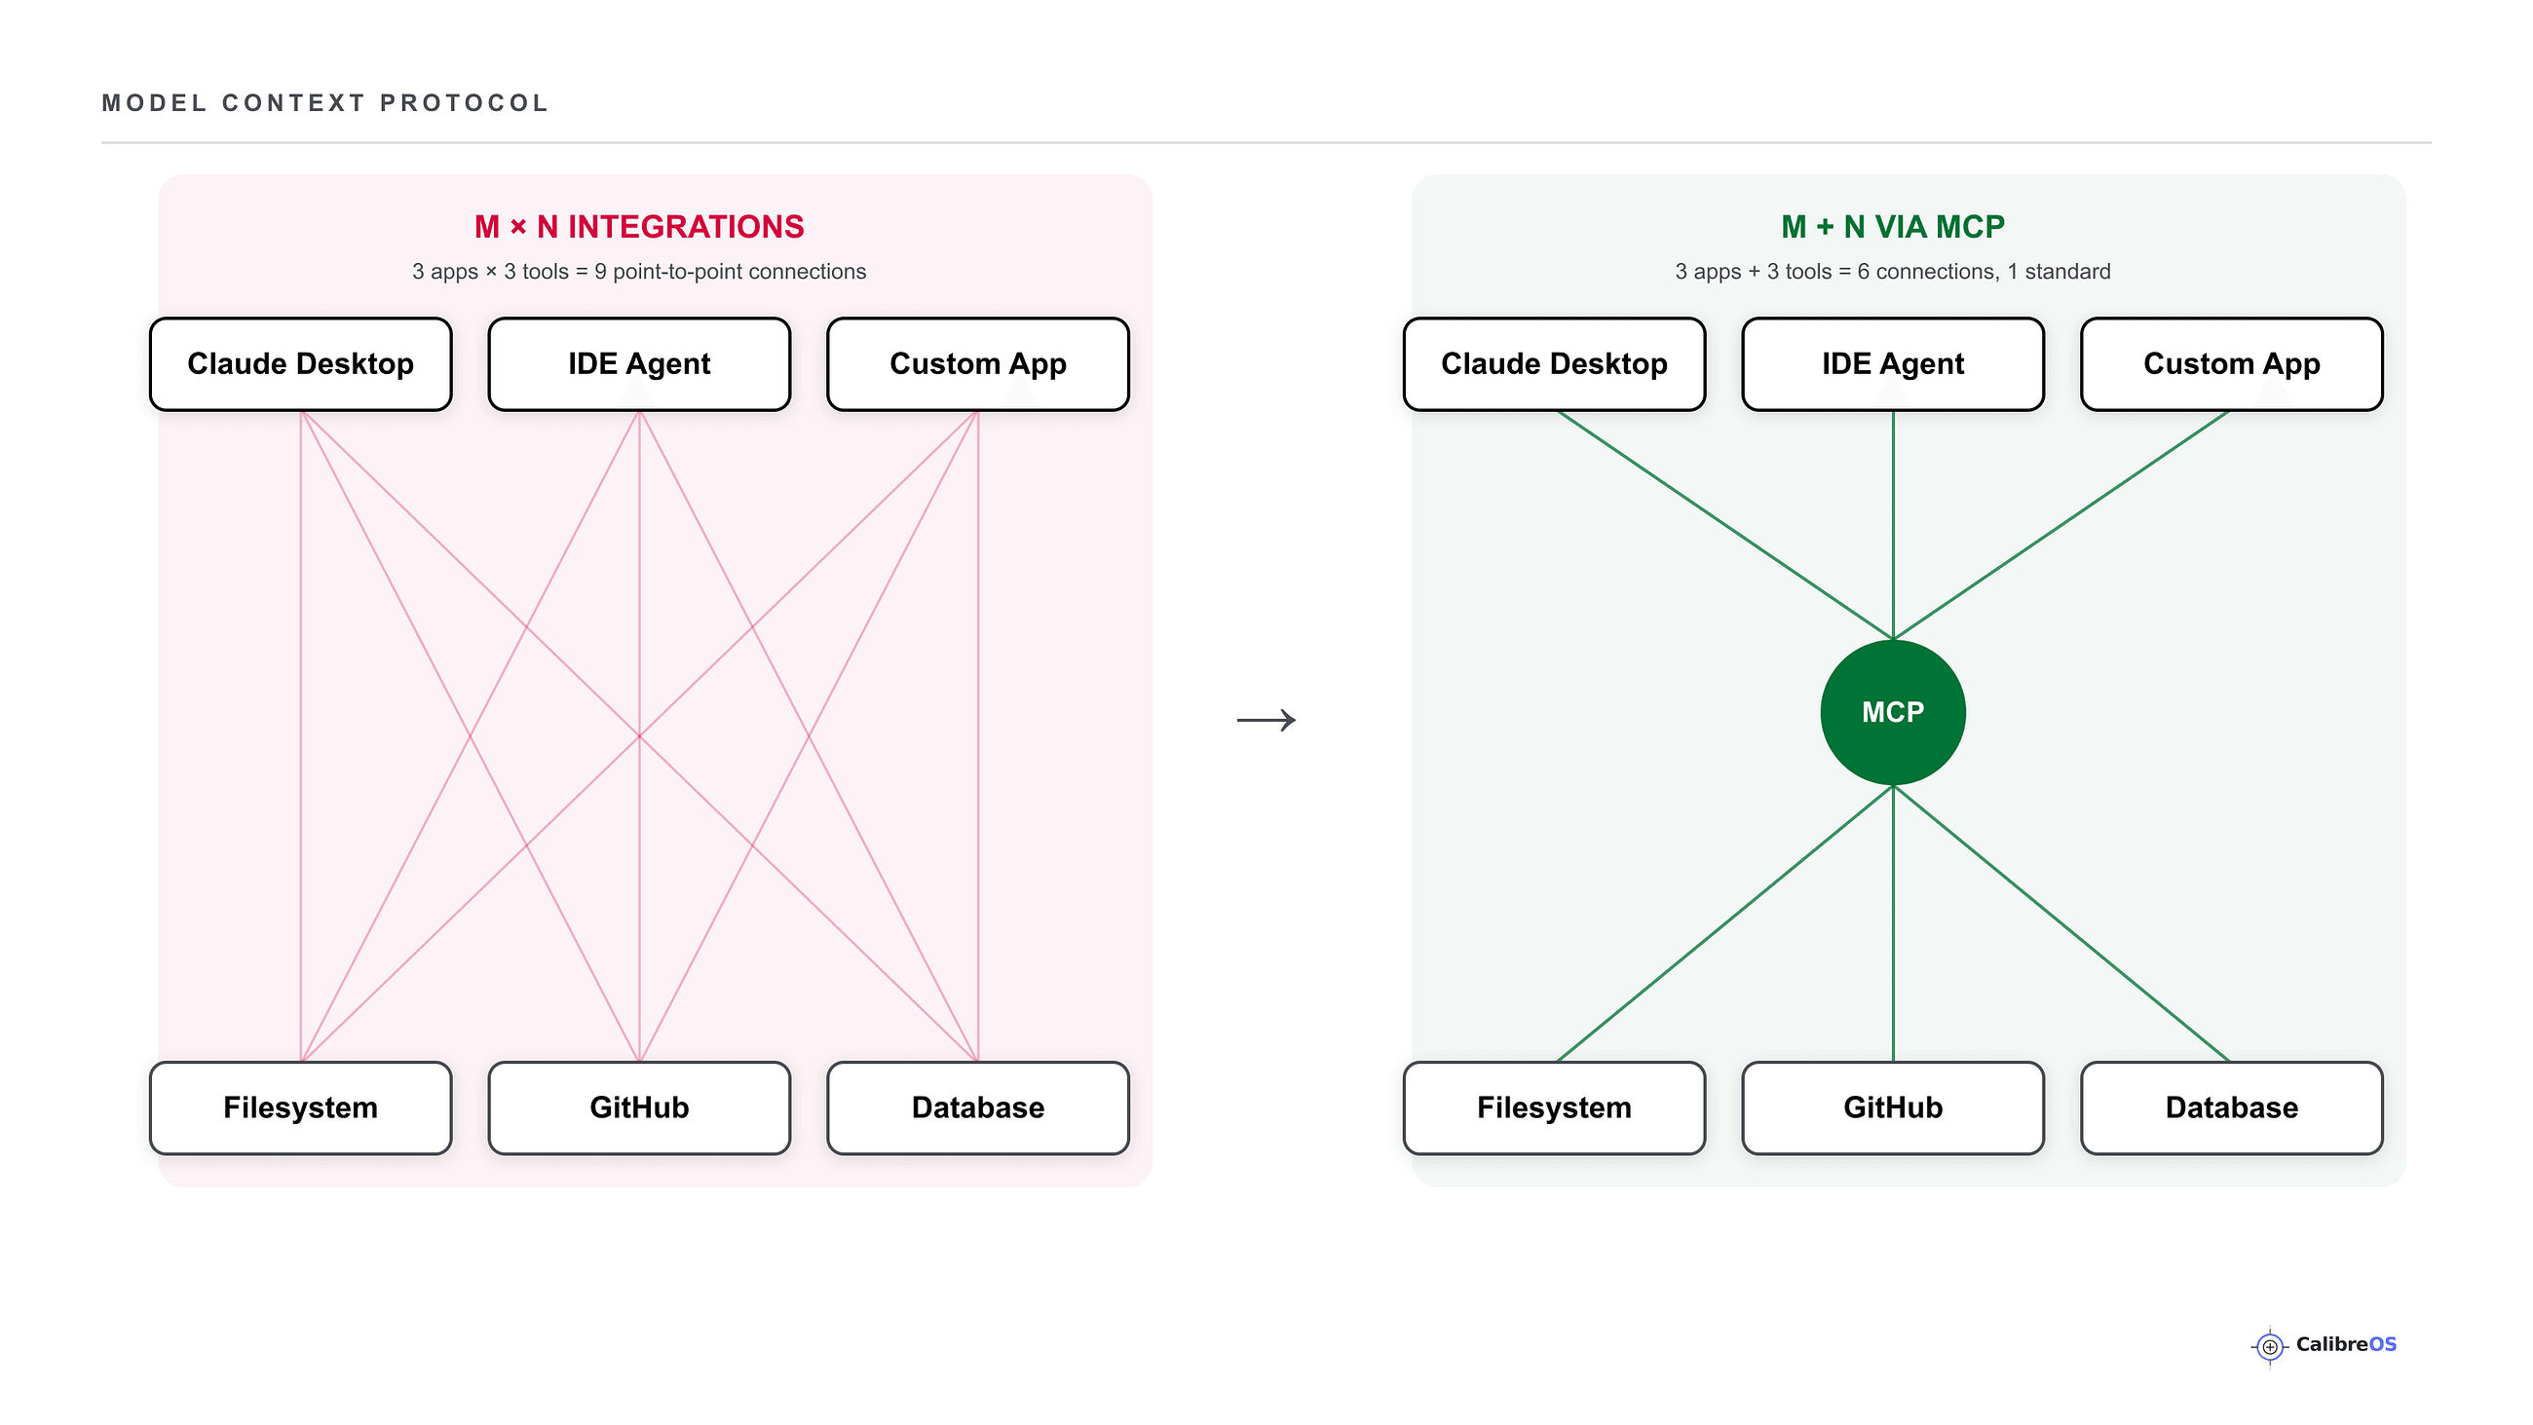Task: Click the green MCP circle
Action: [1893, 712]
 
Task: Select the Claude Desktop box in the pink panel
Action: [301, 364]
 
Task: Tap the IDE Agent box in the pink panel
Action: [639, 364]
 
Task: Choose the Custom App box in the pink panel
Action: [978, 364]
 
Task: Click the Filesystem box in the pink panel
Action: [301, 1107]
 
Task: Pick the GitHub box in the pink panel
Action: [639, 1107]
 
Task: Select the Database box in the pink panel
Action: [978, 1107]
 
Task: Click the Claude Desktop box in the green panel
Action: [1555, 364]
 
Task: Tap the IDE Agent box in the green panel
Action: [1893, 364]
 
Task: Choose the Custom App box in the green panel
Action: [2232, 364]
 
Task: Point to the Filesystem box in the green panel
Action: [1555, 1107]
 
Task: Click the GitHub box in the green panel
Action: [1893, 1107]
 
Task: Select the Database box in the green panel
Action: [2232, 1107]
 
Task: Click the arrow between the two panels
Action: [1266, 720]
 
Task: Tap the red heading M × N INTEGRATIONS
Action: [639, 227]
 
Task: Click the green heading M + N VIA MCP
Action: [1893, 227]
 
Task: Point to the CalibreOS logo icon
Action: [2271, 1346]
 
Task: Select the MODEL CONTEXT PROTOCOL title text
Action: [325, 103]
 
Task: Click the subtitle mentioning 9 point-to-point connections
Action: [639, 272]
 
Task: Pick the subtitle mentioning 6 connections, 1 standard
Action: [1893, 272]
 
